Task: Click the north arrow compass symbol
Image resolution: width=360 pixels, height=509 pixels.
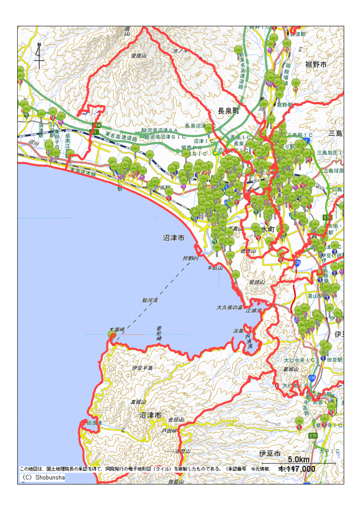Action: pos(39,56)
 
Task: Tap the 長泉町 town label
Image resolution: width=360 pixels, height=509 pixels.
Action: pos(228,111)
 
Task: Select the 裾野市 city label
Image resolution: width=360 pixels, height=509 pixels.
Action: pos(316,65)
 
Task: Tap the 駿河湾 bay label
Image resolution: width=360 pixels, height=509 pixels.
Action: pos(150,301)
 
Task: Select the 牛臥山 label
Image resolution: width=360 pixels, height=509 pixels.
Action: pos(215,268)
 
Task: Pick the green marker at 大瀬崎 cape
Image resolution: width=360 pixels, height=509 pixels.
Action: pos(111,335)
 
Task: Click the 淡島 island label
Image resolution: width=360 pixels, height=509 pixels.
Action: pos(238,331)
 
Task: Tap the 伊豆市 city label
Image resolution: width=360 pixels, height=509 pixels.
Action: pos(270,453)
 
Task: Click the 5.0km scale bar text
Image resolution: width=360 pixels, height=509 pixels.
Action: pos(298,460)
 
